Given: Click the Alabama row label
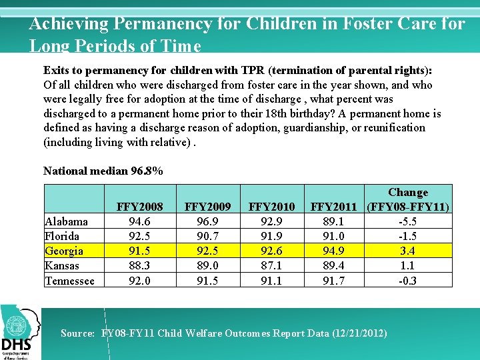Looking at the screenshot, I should [x=66, y=221].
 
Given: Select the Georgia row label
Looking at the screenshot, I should [x=64, y=251].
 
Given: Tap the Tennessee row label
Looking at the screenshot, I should [x=69, y=281].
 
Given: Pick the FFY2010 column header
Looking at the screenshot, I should [x=271, y=207].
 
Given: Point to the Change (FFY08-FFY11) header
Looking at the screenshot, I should [x=408, y=200].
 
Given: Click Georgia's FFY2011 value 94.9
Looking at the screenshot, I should [x=333, y=251].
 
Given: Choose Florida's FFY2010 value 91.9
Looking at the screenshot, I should [x=271, y=236].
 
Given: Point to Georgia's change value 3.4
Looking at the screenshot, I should [x=408, y=251].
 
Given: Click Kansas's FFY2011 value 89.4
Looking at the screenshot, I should [x=333, y=265].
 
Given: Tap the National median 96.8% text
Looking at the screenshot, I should [x=103, y=171].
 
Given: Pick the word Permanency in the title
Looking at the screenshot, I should [x=158, y=24].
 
